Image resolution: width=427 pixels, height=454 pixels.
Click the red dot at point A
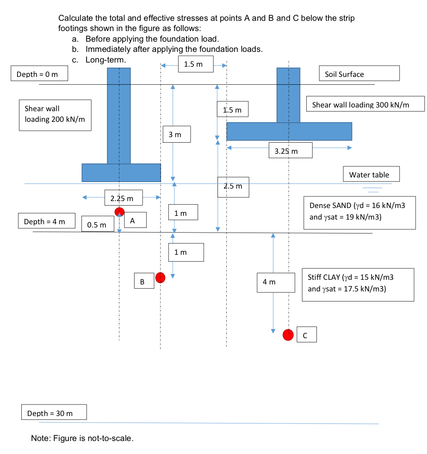pos(120,212)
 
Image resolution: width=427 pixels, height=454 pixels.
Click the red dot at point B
pos(160,277)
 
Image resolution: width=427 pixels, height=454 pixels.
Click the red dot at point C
pos(289,334)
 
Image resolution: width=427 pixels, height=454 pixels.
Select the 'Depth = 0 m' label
pos(40,74)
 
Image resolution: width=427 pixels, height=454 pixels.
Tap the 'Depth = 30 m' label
pos(54,413)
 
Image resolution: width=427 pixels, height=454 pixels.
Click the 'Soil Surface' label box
pos(359,74)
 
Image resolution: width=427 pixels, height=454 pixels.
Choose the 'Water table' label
pos(371,175)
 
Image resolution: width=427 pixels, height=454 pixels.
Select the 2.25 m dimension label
pos(123,198)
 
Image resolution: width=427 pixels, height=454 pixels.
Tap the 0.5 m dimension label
pos(98,225)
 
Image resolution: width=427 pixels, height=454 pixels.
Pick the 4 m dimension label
pos(276,282)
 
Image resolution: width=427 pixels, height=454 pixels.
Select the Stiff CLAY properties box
pos(358,284)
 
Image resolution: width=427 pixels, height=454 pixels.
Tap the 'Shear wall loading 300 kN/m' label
pos(365,105)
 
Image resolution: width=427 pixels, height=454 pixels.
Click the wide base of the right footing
pos(289,132)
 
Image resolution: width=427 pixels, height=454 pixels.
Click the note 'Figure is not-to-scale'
pos(82,438)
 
